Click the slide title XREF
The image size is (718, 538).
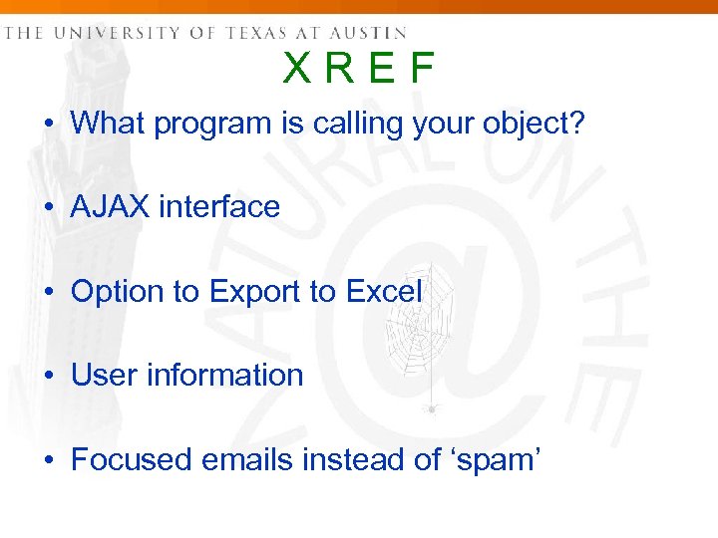coord(359,70)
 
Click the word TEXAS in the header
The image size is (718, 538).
coord(253,33)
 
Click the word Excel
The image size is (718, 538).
coord(384,292)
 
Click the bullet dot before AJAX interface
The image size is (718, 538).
coord(49,208)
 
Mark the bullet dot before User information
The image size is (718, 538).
coord(49,377)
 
